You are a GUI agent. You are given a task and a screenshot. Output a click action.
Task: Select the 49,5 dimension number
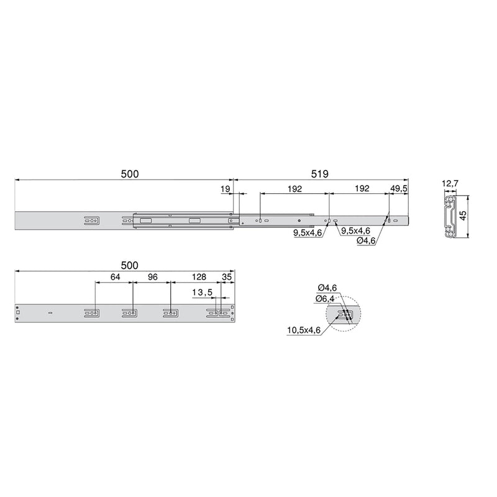pos(399,188)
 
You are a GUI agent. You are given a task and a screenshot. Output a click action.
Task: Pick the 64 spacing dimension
pos(114,277)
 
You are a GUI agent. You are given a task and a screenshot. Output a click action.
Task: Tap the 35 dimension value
pos(227,277)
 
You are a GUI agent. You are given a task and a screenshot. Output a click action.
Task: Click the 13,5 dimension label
pos(202,293)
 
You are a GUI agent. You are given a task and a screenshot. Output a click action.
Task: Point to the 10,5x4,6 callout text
pos(304,331)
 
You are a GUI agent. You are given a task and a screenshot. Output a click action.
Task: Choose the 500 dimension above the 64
pos(129,265)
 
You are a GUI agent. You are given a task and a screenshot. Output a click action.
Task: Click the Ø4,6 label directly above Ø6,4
pos(327,287)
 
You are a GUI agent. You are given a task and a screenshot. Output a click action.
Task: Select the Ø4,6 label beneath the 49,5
pos(367,242)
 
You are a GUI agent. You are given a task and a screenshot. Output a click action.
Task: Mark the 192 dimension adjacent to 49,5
pos(361,188)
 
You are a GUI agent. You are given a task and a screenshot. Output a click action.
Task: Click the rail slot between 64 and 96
pos(130,314)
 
